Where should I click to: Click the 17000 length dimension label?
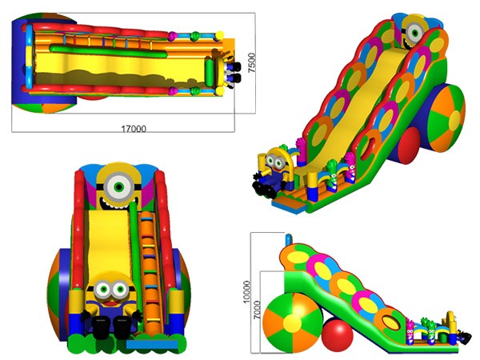(x=134, y=129)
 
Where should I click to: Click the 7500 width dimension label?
(x=251, y=62)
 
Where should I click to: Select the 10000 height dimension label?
(x=246, y=292)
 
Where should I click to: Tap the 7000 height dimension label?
(x=257, y=310)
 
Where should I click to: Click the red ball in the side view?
(x=337, y=332)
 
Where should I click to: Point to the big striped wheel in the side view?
(x=292, y=323)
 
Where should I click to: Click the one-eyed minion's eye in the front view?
(x=119, y=186)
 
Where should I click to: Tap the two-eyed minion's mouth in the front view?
(x=110, y=304)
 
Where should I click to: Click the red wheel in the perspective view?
(x=409, y=146)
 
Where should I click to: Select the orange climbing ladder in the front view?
(x=150, y=273)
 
